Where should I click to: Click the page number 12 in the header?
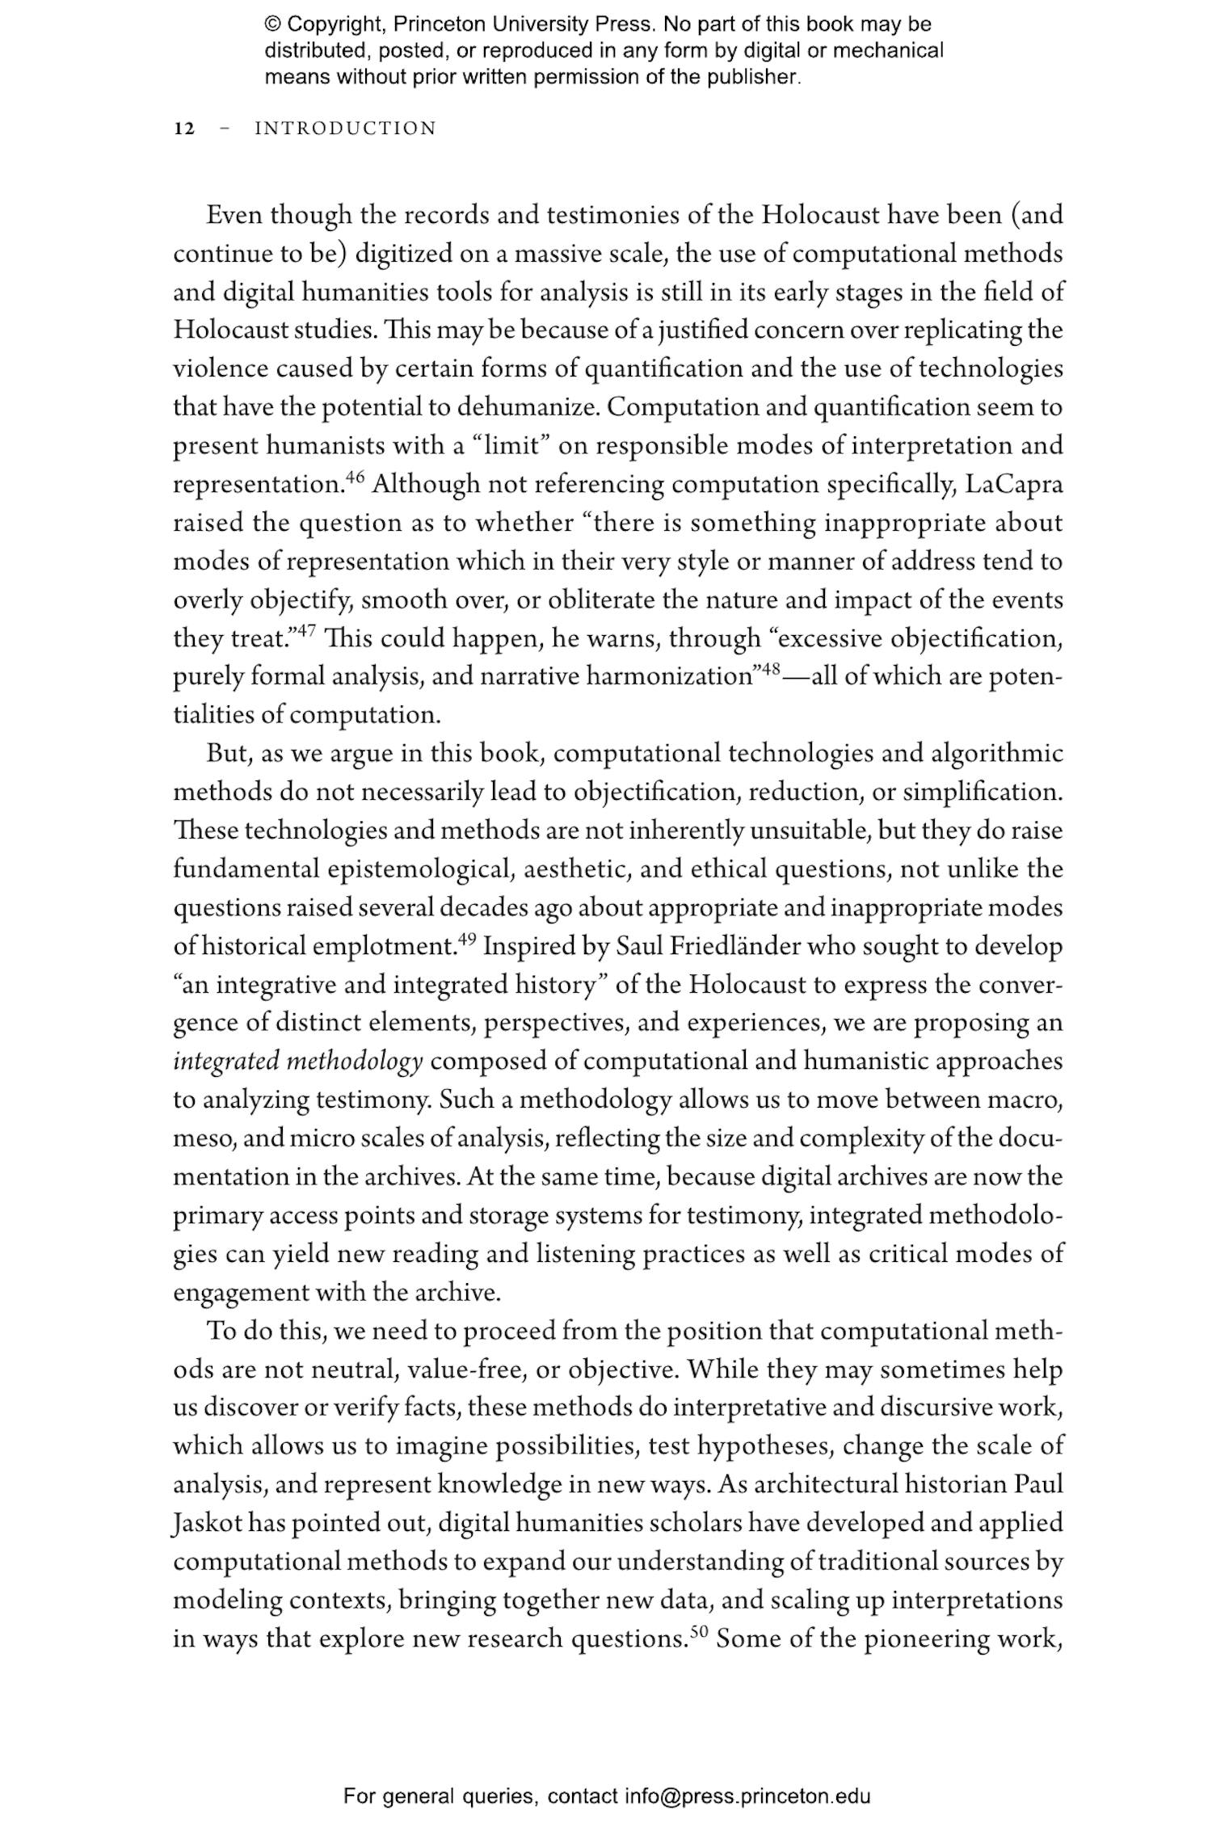coord(184,129)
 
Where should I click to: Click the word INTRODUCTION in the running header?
coord(345,129)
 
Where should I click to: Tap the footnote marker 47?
coord(305,631)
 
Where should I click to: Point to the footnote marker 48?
coord(770,670)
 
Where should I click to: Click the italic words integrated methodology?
coord(297,1062)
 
